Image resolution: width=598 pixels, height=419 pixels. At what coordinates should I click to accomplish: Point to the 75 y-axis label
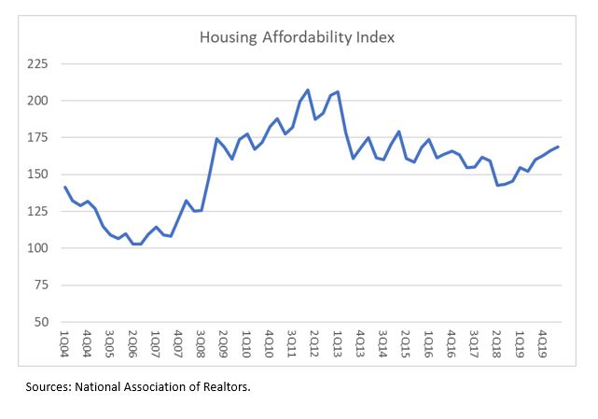pyautogui.click(x=43, y=286)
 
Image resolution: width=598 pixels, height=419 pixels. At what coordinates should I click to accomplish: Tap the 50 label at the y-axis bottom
pyautogui.click(x=43, y=322)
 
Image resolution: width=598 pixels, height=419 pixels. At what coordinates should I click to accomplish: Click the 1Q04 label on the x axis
pyautogui.click(x=65, y=342)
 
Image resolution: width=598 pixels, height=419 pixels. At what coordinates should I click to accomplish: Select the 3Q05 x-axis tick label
pyautogui.click(x=111, y=342)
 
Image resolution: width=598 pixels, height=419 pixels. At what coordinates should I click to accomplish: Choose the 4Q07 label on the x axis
pyautogui.click(x=178, y=342)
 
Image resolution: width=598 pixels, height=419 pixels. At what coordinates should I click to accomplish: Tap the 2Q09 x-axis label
pyautogui.click(x=224, y=342)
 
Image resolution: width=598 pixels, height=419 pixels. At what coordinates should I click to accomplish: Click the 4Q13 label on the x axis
pyautogui.click(x=360, y=342)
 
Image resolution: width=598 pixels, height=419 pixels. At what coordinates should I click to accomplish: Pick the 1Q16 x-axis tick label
pyautogui.click(x=427, y=342)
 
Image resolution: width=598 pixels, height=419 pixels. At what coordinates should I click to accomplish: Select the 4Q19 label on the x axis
pyautogui.click(x=541, y=342)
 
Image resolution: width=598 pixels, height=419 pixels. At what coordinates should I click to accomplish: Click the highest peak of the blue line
pyautogui.click(x=307, y=90)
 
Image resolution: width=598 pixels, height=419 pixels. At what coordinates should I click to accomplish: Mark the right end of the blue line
pyautogui.click(x=558, y=147)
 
